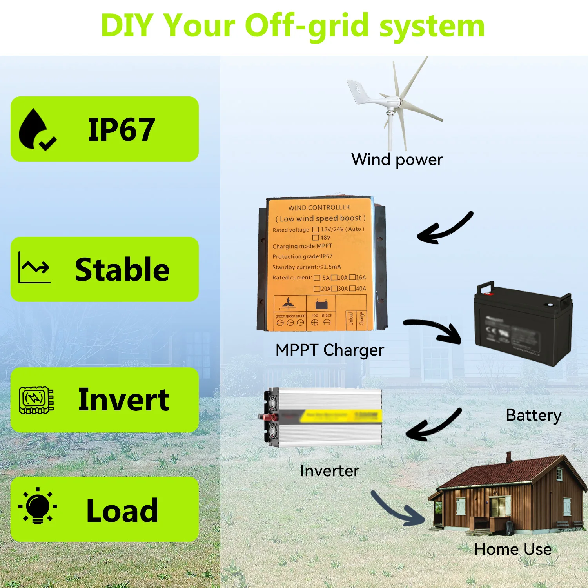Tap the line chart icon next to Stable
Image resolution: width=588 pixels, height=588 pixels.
pos(34,267)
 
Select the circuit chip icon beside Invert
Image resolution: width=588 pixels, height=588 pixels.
pos(36,400)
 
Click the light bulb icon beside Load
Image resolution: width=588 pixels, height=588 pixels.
pos(38,506)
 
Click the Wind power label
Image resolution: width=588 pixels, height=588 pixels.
pos(397,160)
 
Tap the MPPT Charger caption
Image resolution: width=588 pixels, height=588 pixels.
pos(329,350)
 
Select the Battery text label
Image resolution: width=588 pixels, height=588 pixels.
pos(534,415)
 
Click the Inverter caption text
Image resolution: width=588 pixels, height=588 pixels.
pos(329,471)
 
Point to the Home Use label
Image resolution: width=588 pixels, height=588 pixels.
pos(513,549)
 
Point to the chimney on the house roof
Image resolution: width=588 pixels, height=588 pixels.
pos(508,457)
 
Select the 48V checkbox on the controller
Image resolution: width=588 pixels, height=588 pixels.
pos(315,238)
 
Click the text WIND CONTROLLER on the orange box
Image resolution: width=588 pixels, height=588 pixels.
pos(319,207)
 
